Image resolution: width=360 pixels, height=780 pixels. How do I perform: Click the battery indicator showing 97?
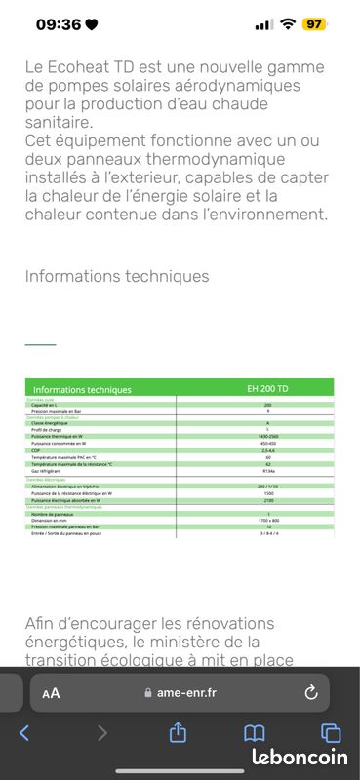[313, 24]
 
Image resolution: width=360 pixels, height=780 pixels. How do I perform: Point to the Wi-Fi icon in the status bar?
[287, 24]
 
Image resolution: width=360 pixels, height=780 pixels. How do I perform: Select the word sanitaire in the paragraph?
[59, 123]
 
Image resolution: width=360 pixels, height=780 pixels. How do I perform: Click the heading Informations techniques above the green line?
[117, 276]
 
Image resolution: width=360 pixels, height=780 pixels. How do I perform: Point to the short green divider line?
[40, 344]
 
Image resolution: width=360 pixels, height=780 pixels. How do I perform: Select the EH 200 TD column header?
[267, 389]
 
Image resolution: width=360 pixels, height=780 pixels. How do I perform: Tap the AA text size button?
[51, 693]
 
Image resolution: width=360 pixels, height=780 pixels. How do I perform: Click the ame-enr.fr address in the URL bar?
[185, 693]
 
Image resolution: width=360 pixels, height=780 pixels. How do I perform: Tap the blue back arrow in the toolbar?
[24, 732]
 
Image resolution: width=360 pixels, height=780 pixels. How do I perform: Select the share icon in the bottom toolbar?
[178, 732]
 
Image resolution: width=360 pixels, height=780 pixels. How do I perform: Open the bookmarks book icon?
[254, 732]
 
